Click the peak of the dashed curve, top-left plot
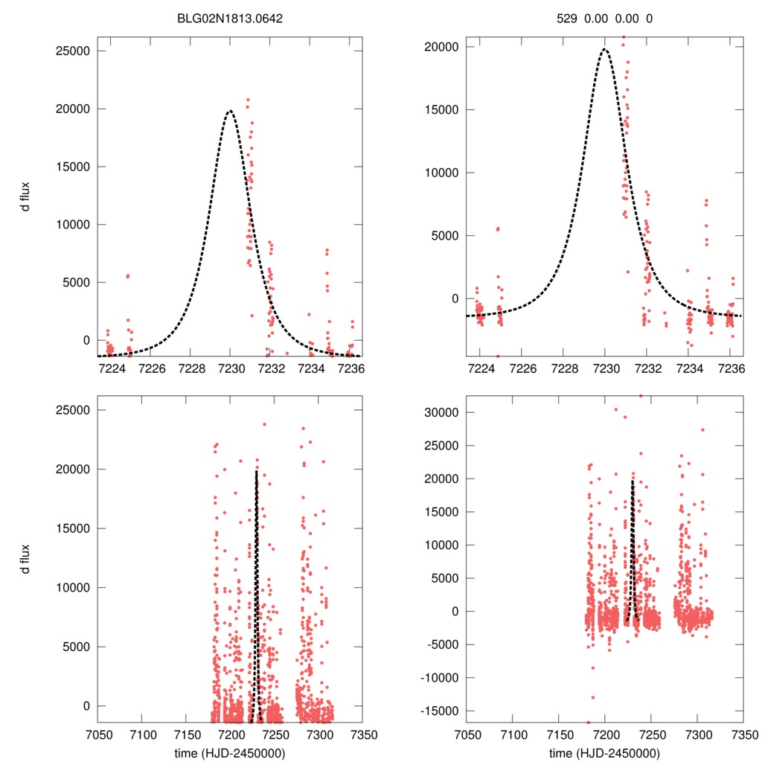pos(230,111)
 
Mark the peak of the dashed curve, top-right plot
pos(605,49)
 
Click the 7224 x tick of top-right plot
pos(481,368)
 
